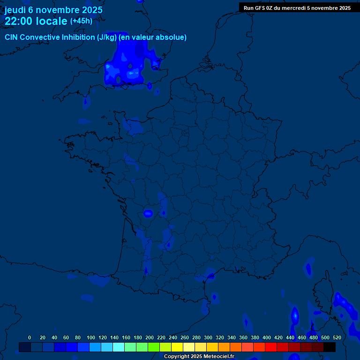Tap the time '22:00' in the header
(19, 21)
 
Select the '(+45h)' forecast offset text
(81, 21)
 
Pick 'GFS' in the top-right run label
(260, 8)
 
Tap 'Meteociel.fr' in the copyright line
(218, 357)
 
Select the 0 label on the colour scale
(30, 337)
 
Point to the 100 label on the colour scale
(91, 337)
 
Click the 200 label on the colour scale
(150, 337)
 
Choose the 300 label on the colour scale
(208, 337)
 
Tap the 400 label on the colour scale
(267, 337)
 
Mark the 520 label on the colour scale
(337, 337)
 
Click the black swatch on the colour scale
(330, 347)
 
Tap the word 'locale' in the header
(52, 21)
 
